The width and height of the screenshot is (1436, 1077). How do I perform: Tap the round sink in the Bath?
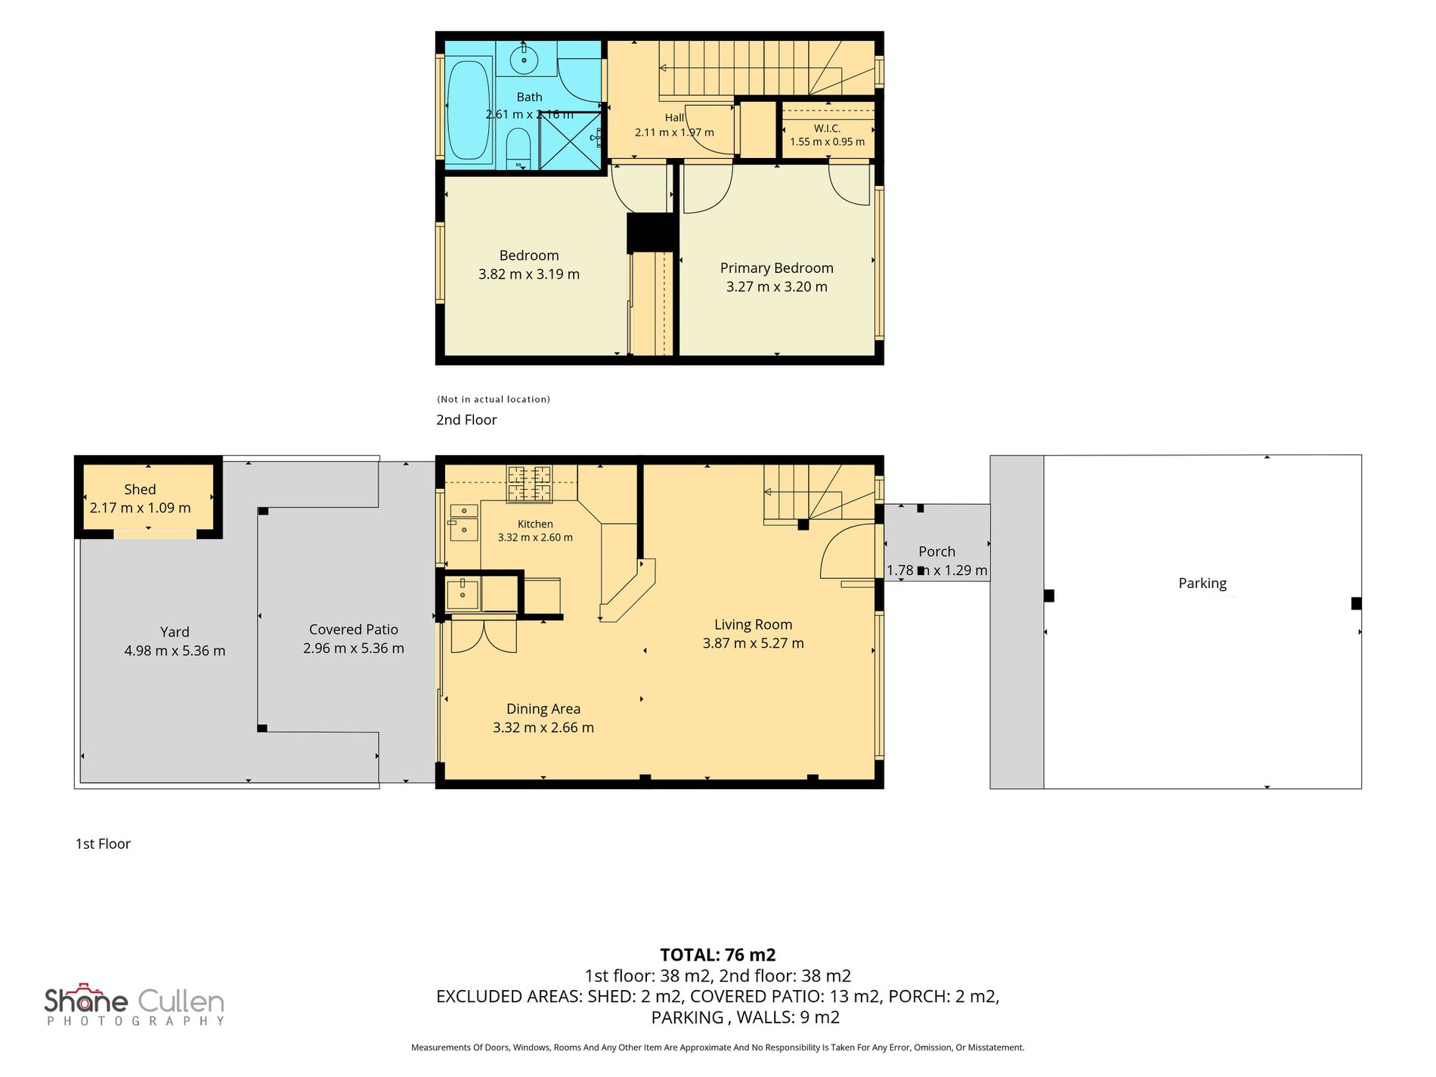tap(524, 58)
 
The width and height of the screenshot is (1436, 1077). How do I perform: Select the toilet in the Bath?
tap(518, 149)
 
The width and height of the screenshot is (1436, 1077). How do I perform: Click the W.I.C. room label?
tap(827, 128)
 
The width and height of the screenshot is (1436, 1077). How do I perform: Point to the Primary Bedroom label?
tap(776, 268)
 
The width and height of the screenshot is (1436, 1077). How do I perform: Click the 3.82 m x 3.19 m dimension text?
tap(529, 274)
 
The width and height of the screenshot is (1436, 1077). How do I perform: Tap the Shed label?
tap(140, 490)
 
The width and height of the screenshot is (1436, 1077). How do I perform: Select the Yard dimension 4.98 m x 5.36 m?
tap(175, 651)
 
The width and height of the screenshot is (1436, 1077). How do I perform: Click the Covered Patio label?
tap(354, 630)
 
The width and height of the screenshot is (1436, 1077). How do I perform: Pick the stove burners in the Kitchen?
tap(529, 484)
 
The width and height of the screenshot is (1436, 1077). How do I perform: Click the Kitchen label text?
tap(535, 524)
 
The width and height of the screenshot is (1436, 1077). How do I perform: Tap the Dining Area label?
tap(543, 709)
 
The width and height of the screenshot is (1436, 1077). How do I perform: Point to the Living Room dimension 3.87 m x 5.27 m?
tap(754, 643)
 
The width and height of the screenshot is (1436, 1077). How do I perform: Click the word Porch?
tap(936, 552)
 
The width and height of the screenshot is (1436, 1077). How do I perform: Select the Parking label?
tap(1202, 583)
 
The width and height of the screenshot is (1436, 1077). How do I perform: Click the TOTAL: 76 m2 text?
tap(718, 955)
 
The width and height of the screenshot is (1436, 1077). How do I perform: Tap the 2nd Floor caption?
tap(466, 420)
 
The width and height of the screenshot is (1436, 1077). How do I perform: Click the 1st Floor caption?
tap(103, 844)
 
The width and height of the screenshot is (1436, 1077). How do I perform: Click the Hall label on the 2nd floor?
tap(674, 118)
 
